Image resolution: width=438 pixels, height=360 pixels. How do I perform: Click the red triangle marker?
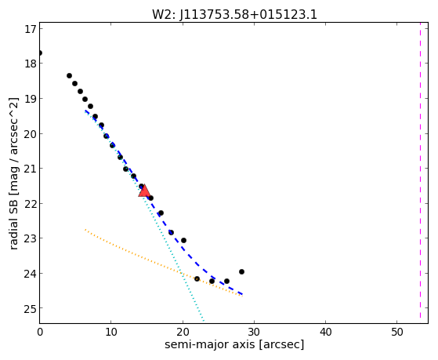[144, 191]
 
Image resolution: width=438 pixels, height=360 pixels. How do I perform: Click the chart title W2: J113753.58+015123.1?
[234, 15]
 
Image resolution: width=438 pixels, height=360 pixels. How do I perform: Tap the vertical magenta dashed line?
[420, 170]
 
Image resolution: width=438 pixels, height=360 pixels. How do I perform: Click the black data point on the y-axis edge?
[40, 53]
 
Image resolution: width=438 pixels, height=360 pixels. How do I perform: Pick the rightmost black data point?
[241, 271]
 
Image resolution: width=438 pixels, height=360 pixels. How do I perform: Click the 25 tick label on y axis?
[31, 309]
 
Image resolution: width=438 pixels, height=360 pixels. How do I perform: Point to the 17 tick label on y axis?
[31, 29]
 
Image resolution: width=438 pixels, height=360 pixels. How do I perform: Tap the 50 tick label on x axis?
[397, 332]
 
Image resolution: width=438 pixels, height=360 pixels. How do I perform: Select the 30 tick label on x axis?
[254, 332]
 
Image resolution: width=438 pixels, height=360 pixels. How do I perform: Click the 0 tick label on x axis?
[40, 332]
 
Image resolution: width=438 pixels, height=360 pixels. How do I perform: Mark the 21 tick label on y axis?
[31, 169]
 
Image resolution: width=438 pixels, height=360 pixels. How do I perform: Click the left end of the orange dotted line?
[85, 230]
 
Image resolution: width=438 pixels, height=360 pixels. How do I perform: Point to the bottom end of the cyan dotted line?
[204, 321]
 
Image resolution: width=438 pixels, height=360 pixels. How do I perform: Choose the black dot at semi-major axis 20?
[183, 240]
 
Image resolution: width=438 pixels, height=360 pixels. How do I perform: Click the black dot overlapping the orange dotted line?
[197, 278]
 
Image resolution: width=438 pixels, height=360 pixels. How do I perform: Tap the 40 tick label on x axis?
[325, 332]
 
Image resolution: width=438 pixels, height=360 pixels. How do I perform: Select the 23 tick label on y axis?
[31, 238]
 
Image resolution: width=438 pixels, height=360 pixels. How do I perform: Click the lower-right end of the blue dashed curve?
[242, 294]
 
